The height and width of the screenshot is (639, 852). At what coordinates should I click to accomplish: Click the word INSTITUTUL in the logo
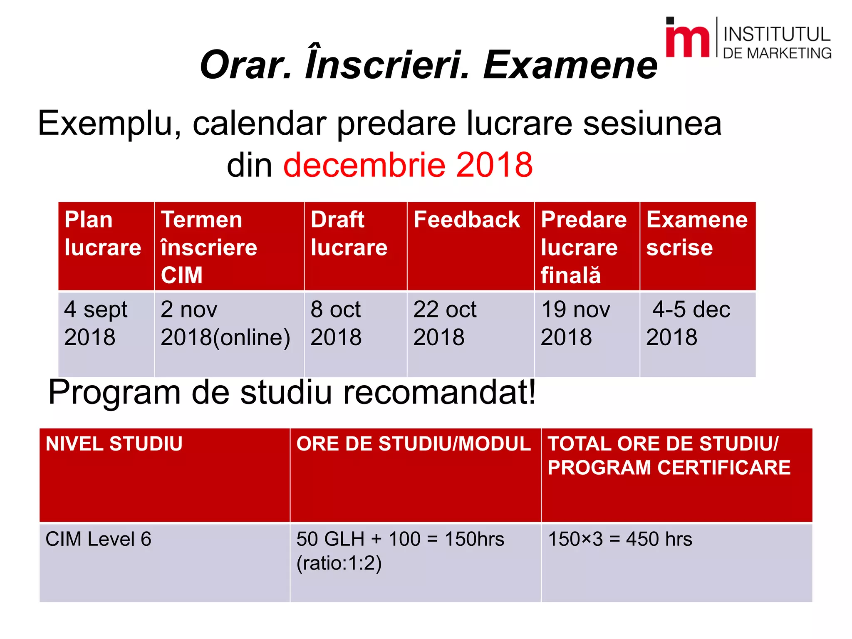tap(777, 34)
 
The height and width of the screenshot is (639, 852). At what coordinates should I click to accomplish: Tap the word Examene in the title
tap(570, 65)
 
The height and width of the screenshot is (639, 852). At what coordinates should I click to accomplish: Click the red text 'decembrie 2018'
tap(408, 165)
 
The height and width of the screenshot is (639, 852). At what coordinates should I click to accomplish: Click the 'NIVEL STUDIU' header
tap(114, 444)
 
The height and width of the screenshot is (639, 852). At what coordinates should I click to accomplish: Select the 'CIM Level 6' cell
tap(99, 539)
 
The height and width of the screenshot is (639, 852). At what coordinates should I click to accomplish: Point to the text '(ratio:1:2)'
tap(339, 563)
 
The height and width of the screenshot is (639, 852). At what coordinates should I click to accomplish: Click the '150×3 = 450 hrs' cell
tap(620, 539)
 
